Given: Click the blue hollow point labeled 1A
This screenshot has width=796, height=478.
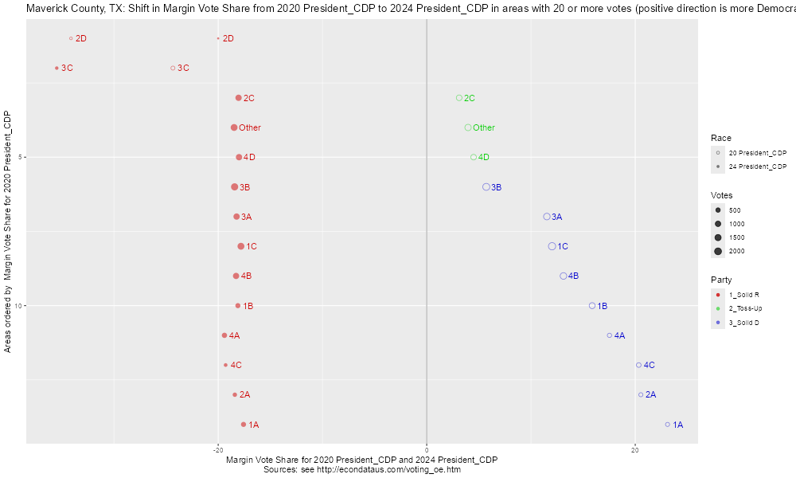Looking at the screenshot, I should (668, 425).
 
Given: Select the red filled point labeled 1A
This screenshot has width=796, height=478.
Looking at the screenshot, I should (244, 425).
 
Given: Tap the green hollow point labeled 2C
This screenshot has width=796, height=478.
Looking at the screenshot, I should (459, 98).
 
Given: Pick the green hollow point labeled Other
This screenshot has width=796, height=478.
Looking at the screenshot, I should (468, 127).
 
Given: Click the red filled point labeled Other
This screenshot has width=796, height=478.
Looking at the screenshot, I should (234, 127).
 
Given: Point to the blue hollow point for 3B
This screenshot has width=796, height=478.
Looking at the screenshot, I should (486, 187).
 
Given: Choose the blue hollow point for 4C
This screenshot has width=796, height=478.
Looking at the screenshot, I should (638, 365).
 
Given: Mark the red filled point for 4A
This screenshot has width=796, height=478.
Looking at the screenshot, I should (224, 335).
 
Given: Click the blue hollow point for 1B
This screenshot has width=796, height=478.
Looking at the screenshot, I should (592, 306).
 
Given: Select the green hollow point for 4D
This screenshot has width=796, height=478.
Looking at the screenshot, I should (474, 157).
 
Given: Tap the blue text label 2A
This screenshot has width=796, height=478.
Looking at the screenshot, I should (650, 395).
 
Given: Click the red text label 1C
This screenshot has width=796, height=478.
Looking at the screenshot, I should (252, 246).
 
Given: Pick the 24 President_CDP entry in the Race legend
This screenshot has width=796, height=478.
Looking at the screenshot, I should (757, 167).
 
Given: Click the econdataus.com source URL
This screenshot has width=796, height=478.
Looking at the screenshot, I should (377, 470).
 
